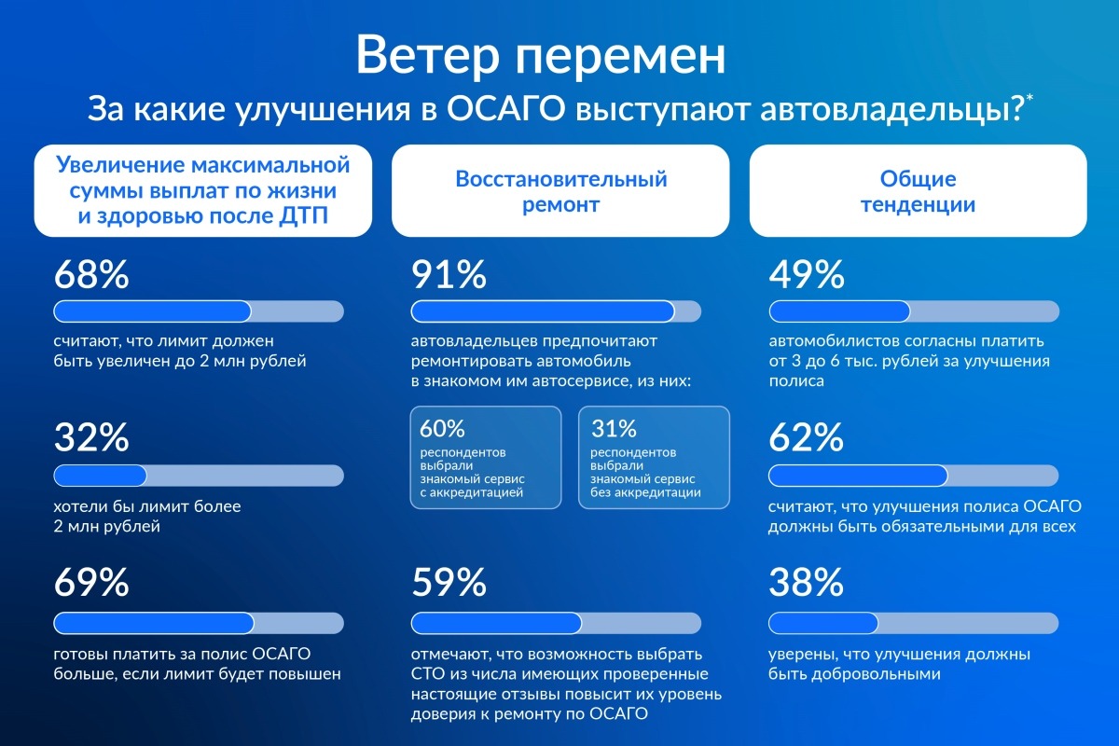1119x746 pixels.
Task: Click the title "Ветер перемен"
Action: (x=541, y=56)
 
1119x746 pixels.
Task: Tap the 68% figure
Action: (x=91, y=274)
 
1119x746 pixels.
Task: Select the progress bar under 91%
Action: (x=556, y=311)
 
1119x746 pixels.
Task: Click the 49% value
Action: (x=807, y=274)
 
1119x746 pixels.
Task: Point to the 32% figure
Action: (x=91, y=437)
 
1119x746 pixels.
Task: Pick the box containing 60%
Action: (x=486, y=457)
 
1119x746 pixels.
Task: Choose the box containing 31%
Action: (x=654, y=457)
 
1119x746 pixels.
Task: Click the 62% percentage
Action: (x=806, y=437)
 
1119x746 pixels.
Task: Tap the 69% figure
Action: (x=91, y=582)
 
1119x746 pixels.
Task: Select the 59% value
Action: (x=449, y=582)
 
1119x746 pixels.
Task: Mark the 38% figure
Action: (x=806, y=582)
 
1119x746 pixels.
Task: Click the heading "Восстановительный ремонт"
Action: (x=561, y=191)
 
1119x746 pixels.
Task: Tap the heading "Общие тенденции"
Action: (x=919, y=191)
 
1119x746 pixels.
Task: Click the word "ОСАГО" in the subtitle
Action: (x=505, y=109)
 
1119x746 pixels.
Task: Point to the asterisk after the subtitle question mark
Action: (x=1029, y=97)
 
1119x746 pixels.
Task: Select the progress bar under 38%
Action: (x=913, y=623)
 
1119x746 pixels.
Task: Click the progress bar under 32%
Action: (x=199, y=476)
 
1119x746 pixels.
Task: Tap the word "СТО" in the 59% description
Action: (x=428, y=673)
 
